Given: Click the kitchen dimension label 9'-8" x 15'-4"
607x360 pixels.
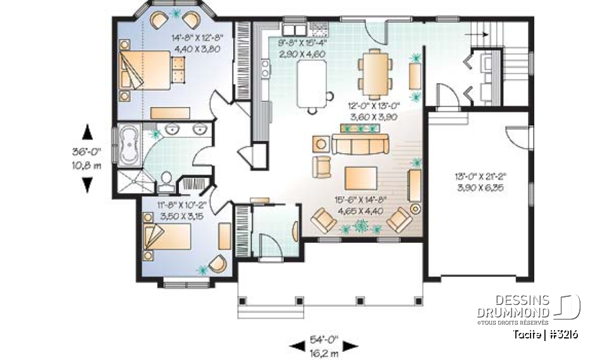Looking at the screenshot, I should (x=303, y=49).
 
